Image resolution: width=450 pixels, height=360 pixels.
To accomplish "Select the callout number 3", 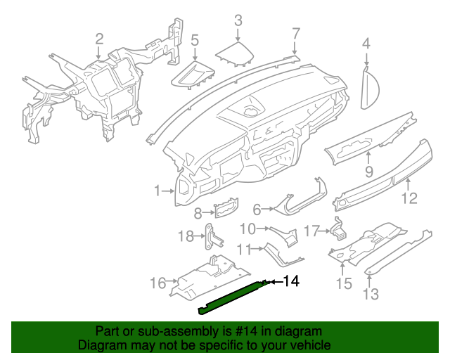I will click(238, 20).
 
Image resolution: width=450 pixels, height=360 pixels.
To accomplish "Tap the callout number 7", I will click(296, 33).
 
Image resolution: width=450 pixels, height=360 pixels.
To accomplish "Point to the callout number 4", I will click(366, 44).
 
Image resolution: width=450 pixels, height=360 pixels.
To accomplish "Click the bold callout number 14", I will click(290, 282).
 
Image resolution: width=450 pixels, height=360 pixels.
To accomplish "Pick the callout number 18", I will click(185, 236).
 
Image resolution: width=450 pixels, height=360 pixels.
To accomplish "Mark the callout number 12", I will click(409, 198).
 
